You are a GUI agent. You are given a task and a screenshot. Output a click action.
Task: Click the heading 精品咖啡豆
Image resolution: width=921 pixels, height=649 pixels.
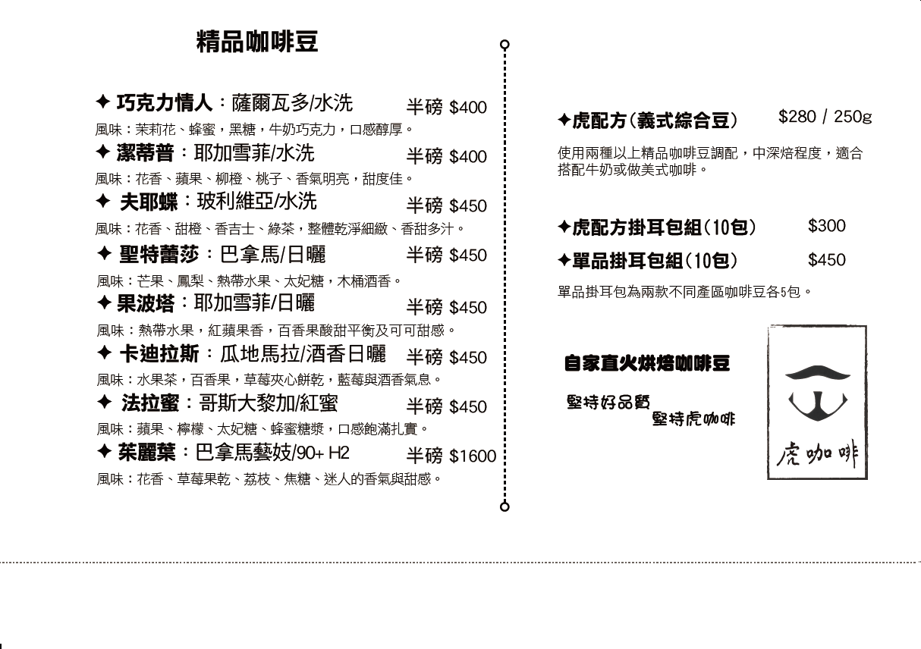click(257, 42)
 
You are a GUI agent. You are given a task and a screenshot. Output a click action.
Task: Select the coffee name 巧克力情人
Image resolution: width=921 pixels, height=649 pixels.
click(165, 103)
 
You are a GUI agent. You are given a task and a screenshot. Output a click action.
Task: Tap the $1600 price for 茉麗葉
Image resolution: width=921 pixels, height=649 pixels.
click(473, 456)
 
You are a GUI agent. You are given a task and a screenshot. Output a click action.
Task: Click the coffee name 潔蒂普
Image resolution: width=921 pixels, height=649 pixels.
click(145, 153)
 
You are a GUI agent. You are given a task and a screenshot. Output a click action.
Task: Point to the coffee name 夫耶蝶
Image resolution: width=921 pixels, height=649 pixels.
click(149, 202)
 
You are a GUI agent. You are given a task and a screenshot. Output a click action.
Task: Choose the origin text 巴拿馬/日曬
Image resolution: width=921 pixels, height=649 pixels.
click(272, 255)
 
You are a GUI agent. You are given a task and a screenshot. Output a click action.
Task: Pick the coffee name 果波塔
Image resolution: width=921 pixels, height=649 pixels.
click(146, 304)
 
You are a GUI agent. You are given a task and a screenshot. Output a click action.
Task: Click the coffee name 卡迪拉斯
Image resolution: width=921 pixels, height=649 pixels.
click(159, 354)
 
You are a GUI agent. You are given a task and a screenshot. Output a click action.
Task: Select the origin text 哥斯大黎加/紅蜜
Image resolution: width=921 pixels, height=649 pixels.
click(269, 403)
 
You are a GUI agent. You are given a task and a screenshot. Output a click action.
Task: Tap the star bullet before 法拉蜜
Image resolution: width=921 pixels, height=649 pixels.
click(105, 402)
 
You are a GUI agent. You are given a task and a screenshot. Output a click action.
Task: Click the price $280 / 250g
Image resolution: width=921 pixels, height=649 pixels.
click(825, 117)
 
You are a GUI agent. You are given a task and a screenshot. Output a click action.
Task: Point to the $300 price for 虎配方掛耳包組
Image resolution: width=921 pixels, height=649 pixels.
click(826, 226)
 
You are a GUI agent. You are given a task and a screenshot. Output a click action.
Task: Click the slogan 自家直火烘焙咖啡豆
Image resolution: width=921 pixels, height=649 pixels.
click(647, 363)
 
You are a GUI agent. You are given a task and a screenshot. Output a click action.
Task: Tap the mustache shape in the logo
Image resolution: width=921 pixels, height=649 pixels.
click(817, 372)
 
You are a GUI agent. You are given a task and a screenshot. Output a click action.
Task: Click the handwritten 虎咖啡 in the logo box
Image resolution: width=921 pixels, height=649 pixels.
click(816, 453)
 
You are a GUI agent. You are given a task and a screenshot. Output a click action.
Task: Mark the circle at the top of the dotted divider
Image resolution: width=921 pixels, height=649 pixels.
click(505, 45)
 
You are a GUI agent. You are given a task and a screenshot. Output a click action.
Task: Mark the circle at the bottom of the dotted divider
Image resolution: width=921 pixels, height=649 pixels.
click(505, 506)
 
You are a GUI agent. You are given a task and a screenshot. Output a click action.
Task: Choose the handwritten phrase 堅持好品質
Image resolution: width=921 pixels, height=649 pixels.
click(608, 402)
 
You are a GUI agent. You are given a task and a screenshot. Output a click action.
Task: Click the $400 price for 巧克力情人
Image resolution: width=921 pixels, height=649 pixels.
click(468, 108)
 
